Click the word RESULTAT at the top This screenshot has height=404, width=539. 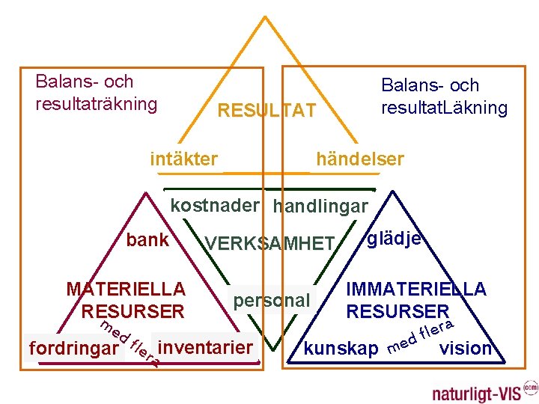click(x=266, y=111)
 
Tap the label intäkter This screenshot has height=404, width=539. click(x=184, y=159)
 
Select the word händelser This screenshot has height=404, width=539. click(x=360, y=159)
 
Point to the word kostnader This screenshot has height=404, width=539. click(x=215, y=205)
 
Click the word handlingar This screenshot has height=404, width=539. click(x=320, y=206)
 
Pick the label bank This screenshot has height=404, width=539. click(x=147, y=240)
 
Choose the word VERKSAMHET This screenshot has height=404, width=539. click(x=269, y=243)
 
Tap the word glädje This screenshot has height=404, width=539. click(x=395, y=238)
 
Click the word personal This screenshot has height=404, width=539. click(x=271, y=301)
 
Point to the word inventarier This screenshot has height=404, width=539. click(x=206, y=347)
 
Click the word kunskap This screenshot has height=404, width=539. click(x=341, y=349)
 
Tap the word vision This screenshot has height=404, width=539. click(x=466, y=348)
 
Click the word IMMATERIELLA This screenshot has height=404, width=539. click(x=415, y=289)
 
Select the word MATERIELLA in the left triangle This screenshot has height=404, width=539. click(x=126, y=289)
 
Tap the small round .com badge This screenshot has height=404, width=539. click(x=530, y=387)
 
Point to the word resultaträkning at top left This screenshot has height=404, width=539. click(x=97, y=102)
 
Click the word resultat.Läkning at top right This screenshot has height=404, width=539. click(x=444, y=108)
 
